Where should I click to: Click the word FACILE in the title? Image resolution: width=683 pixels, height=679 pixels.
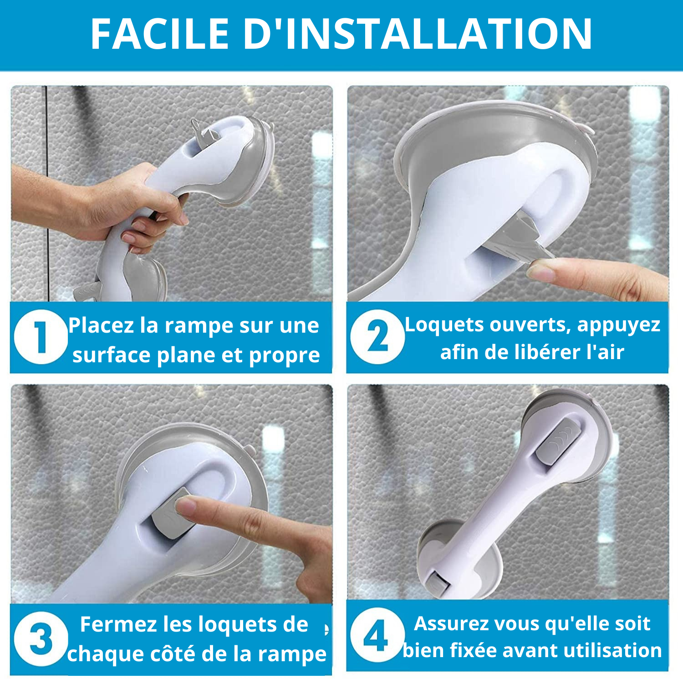(159, 34)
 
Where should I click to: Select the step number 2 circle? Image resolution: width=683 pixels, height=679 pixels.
(377, 337)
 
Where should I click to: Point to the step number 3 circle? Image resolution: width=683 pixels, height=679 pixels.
(41, 639)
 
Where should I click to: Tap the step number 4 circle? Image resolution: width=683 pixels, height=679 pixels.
(377, 636)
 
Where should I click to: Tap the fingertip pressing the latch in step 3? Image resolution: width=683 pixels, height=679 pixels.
(184, 505)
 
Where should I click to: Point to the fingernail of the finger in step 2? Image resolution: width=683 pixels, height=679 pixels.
(540, 273)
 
